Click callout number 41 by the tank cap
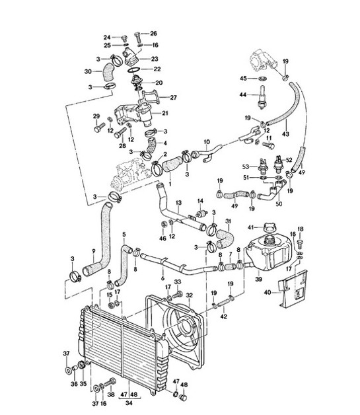pos(250,227)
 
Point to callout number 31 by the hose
pos(229,221)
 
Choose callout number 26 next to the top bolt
pos(153,33)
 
